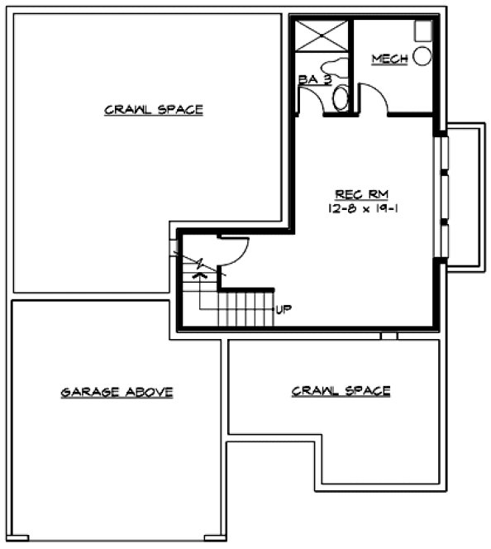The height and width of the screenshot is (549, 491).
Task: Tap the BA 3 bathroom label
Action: click(x=314, y=79)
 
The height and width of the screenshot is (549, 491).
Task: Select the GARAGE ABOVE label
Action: click(x=117, y=392)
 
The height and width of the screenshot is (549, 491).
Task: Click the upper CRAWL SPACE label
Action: click(x=154, y=109)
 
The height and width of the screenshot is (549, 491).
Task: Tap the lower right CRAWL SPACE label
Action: click(x=341, y=390)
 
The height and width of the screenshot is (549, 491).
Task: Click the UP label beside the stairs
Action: click(x=284, y=310)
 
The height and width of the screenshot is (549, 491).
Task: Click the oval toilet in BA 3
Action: click(x=341, y=98)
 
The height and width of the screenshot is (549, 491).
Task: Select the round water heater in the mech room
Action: click(x=422, y=56)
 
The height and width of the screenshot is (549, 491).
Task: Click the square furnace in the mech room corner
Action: click(x=422, y=30)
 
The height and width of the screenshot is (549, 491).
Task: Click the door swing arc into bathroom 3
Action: click(x=309, y=99)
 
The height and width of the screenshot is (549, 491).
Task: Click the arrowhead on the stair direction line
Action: click(x=197, y=276)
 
